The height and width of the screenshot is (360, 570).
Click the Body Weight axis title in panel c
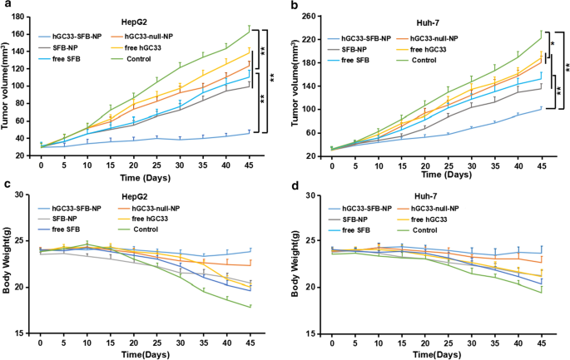(7, 264)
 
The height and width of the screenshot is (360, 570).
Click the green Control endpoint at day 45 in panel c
(248, 307)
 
